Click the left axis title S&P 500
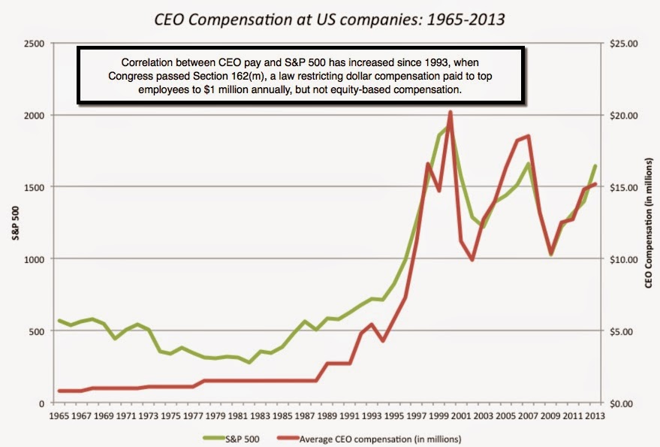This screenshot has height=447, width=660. point(14,223)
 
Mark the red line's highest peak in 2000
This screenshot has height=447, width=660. point(450,112)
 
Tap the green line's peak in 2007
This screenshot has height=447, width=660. point(529,164)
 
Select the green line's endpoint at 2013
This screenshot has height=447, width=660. point(595,166)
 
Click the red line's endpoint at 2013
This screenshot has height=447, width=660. point(595,184)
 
